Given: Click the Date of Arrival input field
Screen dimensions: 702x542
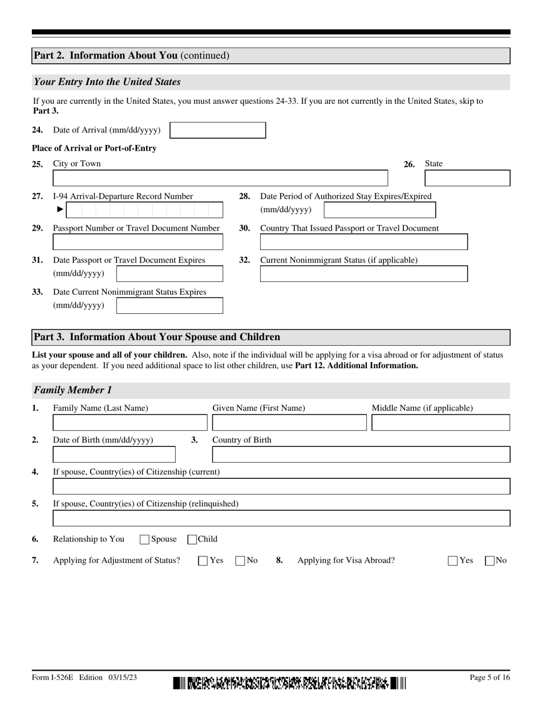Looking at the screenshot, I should (218, 130).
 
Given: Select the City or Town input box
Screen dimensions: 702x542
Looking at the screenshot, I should (220, 178).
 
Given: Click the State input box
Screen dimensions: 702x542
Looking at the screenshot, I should (467, 178).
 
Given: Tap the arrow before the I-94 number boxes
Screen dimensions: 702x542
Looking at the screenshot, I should (60, 209).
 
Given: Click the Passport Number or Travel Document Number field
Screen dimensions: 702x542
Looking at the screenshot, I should (137, 242).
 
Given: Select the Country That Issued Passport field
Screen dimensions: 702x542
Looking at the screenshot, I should (363, 242).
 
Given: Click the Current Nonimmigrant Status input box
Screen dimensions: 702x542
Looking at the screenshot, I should (363, 274).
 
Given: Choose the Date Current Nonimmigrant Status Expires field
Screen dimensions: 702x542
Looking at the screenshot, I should (169, 305).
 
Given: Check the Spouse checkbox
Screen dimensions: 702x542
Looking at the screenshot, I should (145, 539).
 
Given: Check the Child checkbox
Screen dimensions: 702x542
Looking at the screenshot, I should (193, 539).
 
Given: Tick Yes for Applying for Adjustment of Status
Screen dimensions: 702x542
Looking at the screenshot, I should (203, 561).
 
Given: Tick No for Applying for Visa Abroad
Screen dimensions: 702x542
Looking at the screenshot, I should (490, 561).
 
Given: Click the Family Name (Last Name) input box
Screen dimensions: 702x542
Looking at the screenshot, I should (130, 423).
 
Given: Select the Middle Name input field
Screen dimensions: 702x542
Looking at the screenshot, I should (440, 423).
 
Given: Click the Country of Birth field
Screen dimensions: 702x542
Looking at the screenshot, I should (361, 455).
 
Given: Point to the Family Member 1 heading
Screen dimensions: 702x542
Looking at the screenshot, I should (73, 390).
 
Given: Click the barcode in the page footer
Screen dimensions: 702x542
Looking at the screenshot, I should (290, 683).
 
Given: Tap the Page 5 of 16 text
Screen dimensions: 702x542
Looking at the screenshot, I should (490, 677).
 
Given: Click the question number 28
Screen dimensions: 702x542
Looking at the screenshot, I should (244, 196).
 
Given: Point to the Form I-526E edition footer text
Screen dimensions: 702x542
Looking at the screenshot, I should (84, 677).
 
